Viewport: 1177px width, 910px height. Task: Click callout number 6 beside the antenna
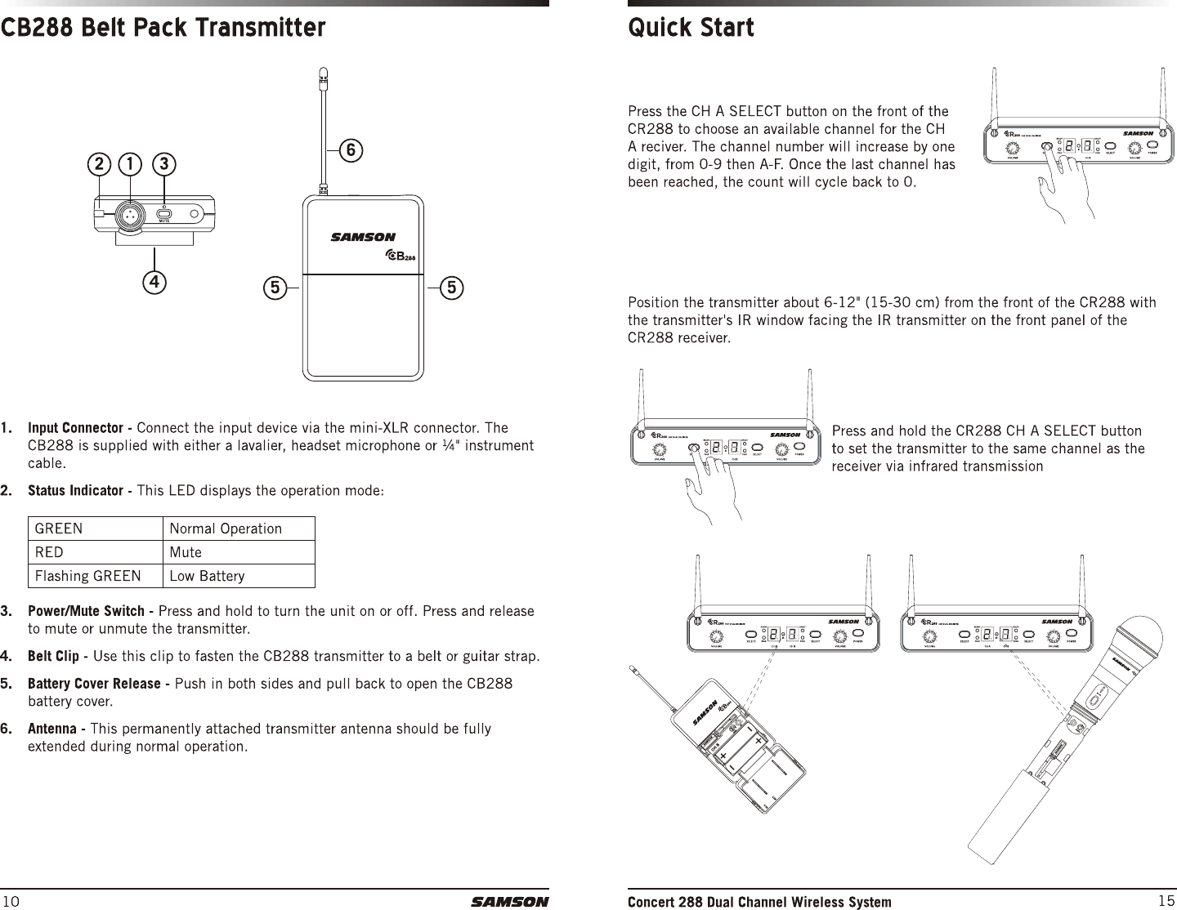350,150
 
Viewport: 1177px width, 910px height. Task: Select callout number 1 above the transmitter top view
129,163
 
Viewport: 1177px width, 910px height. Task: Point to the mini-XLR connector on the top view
129,214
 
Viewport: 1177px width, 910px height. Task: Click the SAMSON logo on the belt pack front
363,238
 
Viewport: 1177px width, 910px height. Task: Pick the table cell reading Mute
186,552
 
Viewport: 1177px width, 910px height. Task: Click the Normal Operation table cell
226,529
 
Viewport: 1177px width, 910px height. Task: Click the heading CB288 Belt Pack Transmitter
163,29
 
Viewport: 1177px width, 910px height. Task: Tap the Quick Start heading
691,29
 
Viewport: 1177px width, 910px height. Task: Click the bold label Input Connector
81,429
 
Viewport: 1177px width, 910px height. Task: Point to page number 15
1166,901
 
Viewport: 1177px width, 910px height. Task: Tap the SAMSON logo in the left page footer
509,902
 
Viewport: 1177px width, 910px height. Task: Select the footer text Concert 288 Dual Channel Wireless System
759,902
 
